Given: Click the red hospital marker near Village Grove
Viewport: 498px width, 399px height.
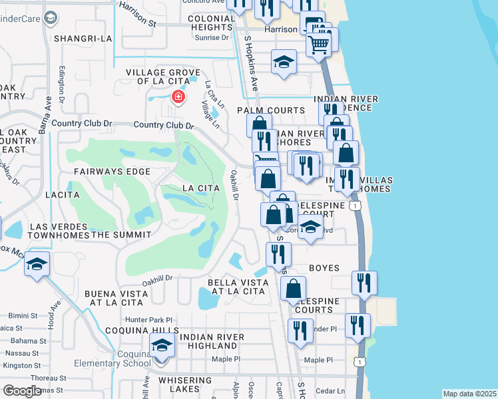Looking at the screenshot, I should tap(178, 98).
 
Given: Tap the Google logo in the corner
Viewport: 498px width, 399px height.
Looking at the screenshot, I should tap(23, 391).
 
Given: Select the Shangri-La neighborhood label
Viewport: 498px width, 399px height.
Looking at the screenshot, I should tap(83, 39).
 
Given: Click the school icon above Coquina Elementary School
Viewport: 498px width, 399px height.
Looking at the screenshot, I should tap(161, 346).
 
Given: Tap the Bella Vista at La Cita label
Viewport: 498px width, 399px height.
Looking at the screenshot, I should tap(238, 287).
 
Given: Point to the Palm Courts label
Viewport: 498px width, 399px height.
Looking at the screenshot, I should tap(271, 110).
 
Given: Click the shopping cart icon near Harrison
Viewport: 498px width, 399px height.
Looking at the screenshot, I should tap(319, 45).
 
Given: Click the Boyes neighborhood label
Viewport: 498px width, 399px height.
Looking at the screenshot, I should tap(324, 268).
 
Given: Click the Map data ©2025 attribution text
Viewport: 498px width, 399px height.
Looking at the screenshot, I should tap(469, 394).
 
